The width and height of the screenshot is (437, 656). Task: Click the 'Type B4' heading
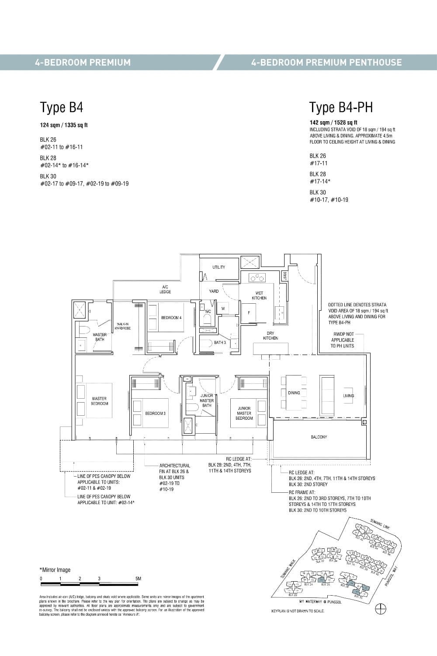click(61, 108)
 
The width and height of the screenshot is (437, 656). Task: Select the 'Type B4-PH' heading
click(341, 108)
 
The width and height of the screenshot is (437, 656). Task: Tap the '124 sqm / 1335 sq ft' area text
click(64, 125)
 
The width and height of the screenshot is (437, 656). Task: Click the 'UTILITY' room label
click(218, 267)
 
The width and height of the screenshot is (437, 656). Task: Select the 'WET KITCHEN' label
click(259, 295)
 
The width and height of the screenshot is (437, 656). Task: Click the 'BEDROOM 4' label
click(171, 317)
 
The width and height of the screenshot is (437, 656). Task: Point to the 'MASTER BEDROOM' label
click(99, 401)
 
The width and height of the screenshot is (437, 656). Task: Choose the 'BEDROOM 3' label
click(155, 413)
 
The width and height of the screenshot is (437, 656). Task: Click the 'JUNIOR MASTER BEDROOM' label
click(244, 413)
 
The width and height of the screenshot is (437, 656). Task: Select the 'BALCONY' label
click(319, 437)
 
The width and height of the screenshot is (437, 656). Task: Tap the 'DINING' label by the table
click(294, 393)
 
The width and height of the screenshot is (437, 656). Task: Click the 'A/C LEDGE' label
click(165, 289)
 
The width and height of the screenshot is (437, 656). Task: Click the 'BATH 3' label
click(220, 343)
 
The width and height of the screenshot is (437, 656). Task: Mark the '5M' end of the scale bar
click(139, 579)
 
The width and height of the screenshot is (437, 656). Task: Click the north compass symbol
click(380, 608)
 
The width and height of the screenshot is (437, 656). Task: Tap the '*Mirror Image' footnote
click(55, 570)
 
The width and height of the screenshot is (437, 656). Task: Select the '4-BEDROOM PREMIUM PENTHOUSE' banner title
click(326, 62)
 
